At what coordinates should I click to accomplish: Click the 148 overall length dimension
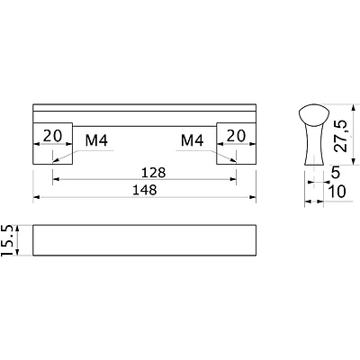(x=145, y=190)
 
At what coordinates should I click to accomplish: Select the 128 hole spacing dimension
(x=153, y=173)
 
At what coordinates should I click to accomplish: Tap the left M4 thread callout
(x=96, y=140)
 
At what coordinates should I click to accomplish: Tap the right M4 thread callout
(x=193, y=140)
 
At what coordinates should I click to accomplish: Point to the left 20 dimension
(x=52, y=136)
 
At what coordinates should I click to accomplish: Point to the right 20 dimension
(x=236, y=136)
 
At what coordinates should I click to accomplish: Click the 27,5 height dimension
(x=340, y=136)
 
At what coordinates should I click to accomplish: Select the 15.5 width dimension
(x=7, y=240)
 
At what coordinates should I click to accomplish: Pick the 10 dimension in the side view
(x=337, y=192)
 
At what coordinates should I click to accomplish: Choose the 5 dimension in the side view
(x=336, y=173)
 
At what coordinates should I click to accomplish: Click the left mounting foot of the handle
(x=53, y=143)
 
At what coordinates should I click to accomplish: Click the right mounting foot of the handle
(x=236, y=143)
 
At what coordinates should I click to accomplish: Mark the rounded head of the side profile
(x=314, y=114)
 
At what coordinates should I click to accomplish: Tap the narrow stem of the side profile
(x=314, y=145)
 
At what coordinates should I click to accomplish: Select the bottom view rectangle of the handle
(x=144, y=240)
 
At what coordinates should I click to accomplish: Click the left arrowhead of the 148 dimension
(x=36, y=197)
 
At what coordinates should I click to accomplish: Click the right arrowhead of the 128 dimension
(x=233, y=179)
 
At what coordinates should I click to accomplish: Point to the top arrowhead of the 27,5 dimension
(x=355, y=108)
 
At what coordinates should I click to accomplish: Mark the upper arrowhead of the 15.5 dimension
(x=17, y=229)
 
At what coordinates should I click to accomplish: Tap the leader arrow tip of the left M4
(x=53, y=163)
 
